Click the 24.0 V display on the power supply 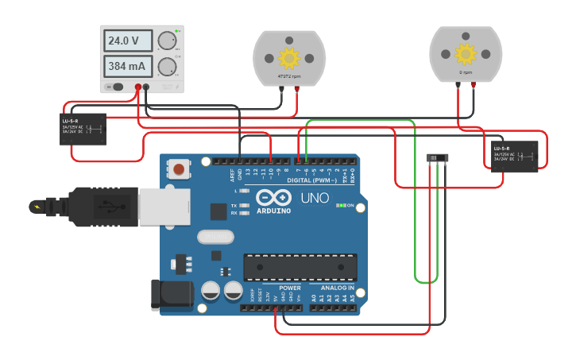129,41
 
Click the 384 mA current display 129,66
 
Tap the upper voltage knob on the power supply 166,41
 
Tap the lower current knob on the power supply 166,66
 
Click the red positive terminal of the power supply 138,87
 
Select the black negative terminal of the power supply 146,87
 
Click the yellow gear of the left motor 288,58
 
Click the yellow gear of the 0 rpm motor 465,53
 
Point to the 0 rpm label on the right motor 466,72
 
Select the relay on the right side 514,155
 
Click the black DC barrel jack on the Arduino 171,293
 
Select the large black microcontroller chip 300,267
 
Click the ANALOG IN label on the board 338,288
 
